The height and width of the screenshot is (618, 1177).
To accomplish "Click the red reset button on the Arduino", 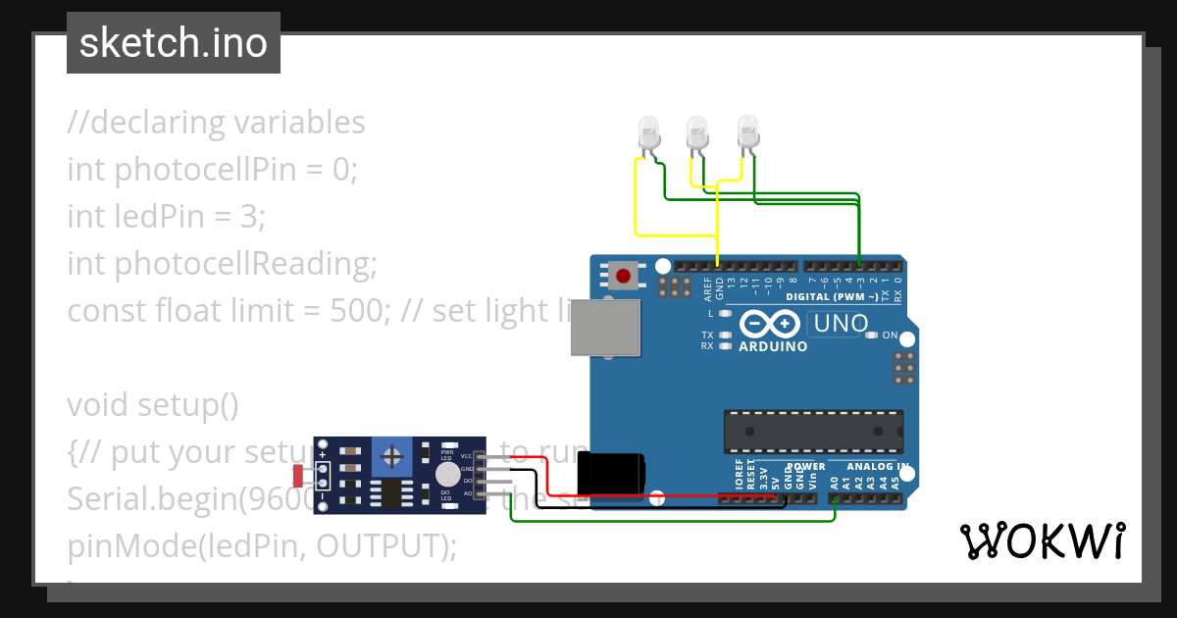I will [622, 275].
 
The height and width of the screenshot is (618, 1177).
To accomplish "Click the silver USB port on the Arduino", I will [606, 327].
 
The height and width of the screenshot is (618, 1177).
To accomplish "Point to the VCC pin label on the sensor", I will [467, 456].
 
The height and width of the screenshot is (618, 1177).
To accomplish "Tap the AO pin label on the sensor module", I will [468, 493].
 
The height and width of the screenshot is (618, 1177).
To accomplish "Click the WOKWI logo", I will [1043, 541].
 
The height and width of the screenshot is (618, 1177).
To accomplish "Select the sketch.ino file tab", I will [174, 43].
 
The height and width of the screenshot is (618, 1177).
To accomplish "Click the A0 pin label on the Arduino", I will [834, 483].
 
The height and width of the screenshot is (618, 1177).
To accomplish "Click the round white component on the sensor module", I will [447, 475].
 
